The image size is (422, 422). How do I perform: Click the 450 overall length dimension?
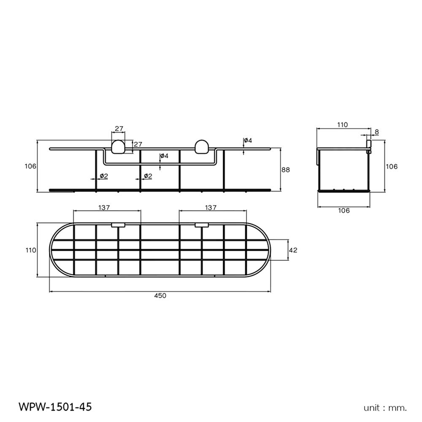pos(160,296)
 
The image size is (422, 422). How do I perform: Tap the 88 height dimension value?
pos(286,170)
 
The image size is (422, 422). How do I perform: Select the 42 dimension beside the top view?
pos(293,250)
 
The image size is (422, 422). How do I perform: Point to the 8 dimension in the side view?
pos(376,132)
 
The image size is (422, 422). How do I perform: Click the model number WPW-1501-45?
pos(55,407)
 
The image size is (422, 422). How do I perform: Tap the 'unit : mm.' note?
pos(385,408)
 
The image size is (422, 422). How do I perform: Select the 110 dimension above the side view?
pos(342,125)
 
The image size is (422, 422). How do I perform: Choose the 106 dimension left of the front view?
pos(30,166)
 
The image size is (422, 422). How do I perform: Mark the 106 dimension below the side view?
pos(344,211)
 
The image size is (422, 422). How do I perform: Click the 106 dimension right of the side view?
pos(392,166)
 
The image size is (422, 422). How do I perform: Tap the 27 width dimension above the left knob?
pos(119,129)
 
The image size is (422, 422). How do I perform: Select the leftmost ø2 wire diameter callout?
pos(104,176)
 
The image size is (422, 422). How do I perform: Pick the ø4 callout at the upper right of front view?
pos(248,140)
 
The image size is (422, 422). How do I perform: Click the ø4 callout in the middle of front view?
pos(164,156)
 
